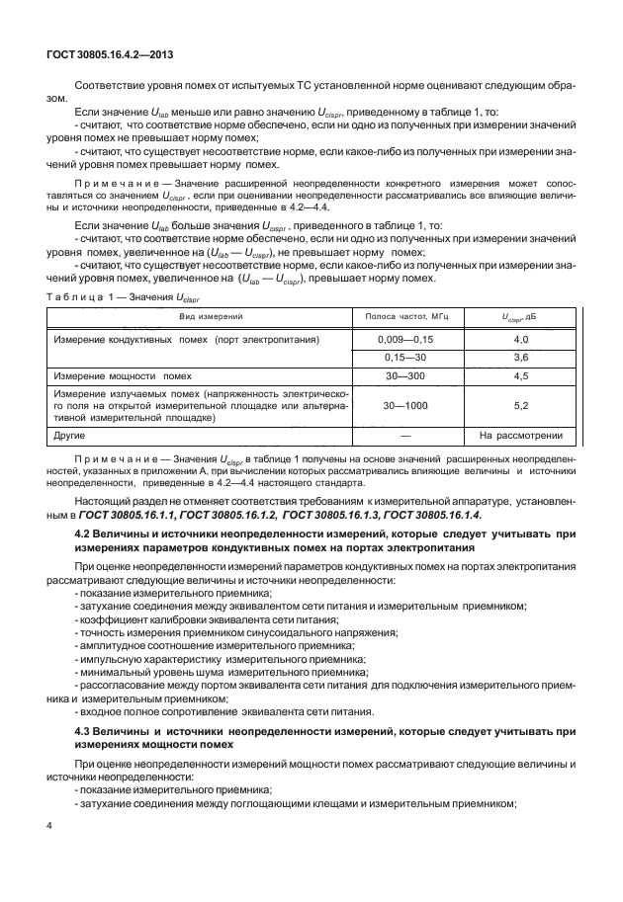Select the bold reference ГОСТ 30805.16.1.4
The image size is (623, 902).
click(431, 516)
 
